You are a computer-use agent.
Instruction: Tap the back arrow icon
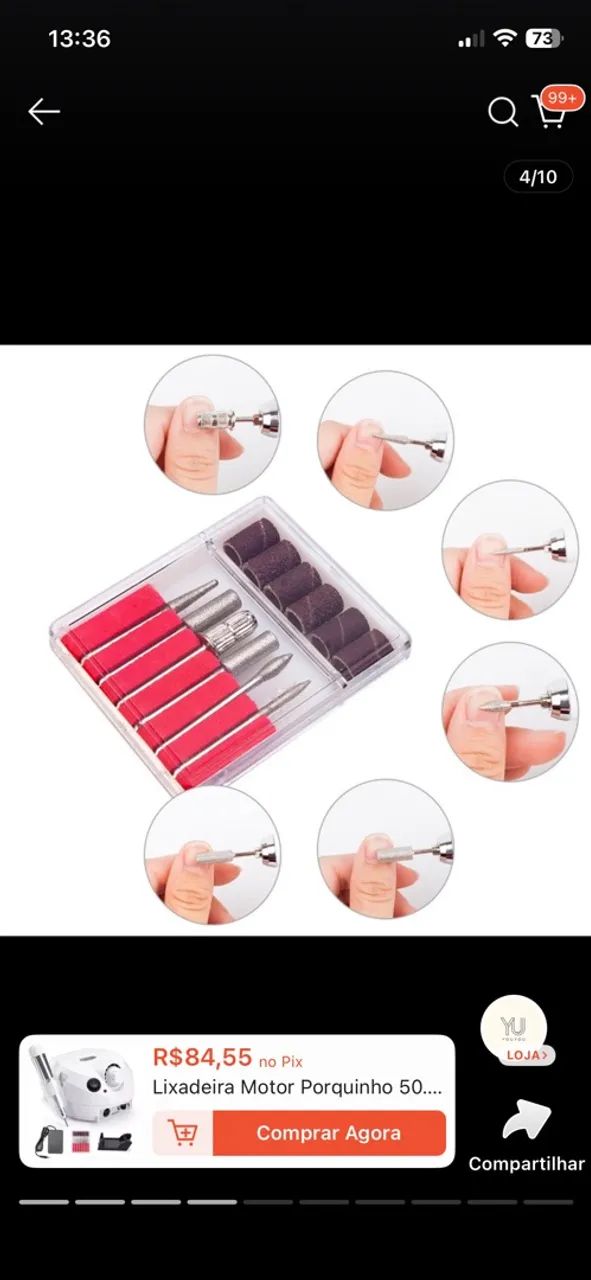coord(44,111)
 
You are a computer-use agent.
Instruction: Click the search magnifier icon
coord(503,111)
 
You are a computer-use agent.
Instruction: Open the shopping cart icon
coord(549,113)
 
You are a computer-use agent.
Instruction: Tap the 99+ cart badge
coord(562,98)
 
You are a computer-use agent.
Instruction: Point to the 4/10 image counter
coord(538,177)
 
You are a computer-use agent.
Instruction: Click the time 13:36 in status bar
coord(79,39)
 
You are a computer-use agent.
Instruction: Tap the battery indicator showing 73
coord(544,38)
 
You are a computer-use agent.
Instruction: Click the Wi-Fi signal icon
coord(505,38)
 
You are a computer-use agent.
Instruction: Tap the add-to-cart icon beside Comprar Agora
coord(183,1132)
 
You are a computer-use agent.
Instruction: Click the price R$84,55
coord(202,1057)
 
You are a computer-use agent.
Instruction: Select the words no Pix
coord(281,1061)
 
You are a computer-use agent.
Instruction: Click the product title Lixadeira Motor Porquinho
coord(297,1086)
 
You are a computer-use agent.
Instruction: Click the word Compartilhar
coord(526,1164)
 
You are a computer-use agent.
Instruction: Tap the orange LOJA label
coord(526,1055)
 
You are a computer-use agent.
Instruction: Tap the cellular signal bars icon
coord(471,39)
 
